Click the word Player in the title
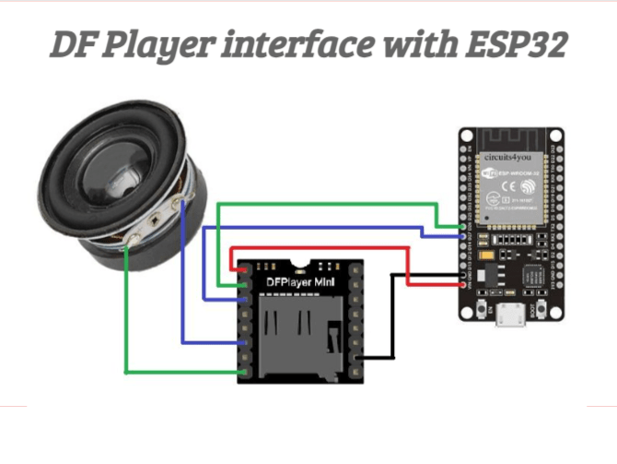pyautogui.click(x=141, y=44)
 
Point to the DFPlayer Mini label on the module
pyautogui.click(x=300, y=280)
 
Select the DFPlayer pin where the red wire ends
pyautogui.click(x=244, y=269)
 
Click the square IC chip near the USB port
pyautogui.click(x=534, y=280)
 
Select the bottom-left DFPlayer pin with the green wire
pyautogui.click(x=244, y=371)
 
